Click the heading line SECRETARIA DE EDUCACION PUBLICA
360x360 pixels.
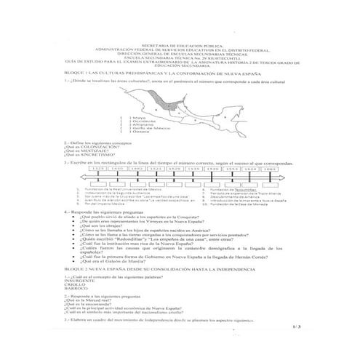(179, 44)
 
